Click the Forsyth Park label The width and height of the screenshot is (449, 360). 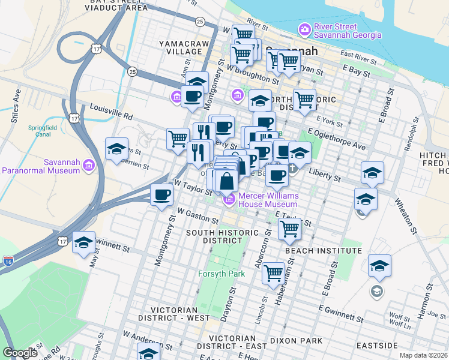tap(222, 274)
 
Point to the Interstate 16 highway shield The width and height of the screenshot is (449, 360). tap(8, 261)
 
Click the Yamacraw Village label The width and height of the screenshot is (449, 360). tap(180, 47)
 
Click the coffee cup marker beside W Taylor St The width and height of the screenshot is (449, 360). tap(162, 195)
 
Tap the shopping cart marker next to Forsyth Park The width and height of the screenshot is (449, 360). tap(274, 272)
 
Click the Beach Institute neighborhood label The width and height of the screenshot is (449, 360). tap(324, 250)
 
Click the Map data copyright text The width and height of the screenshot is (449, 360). tap(424, 355)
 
